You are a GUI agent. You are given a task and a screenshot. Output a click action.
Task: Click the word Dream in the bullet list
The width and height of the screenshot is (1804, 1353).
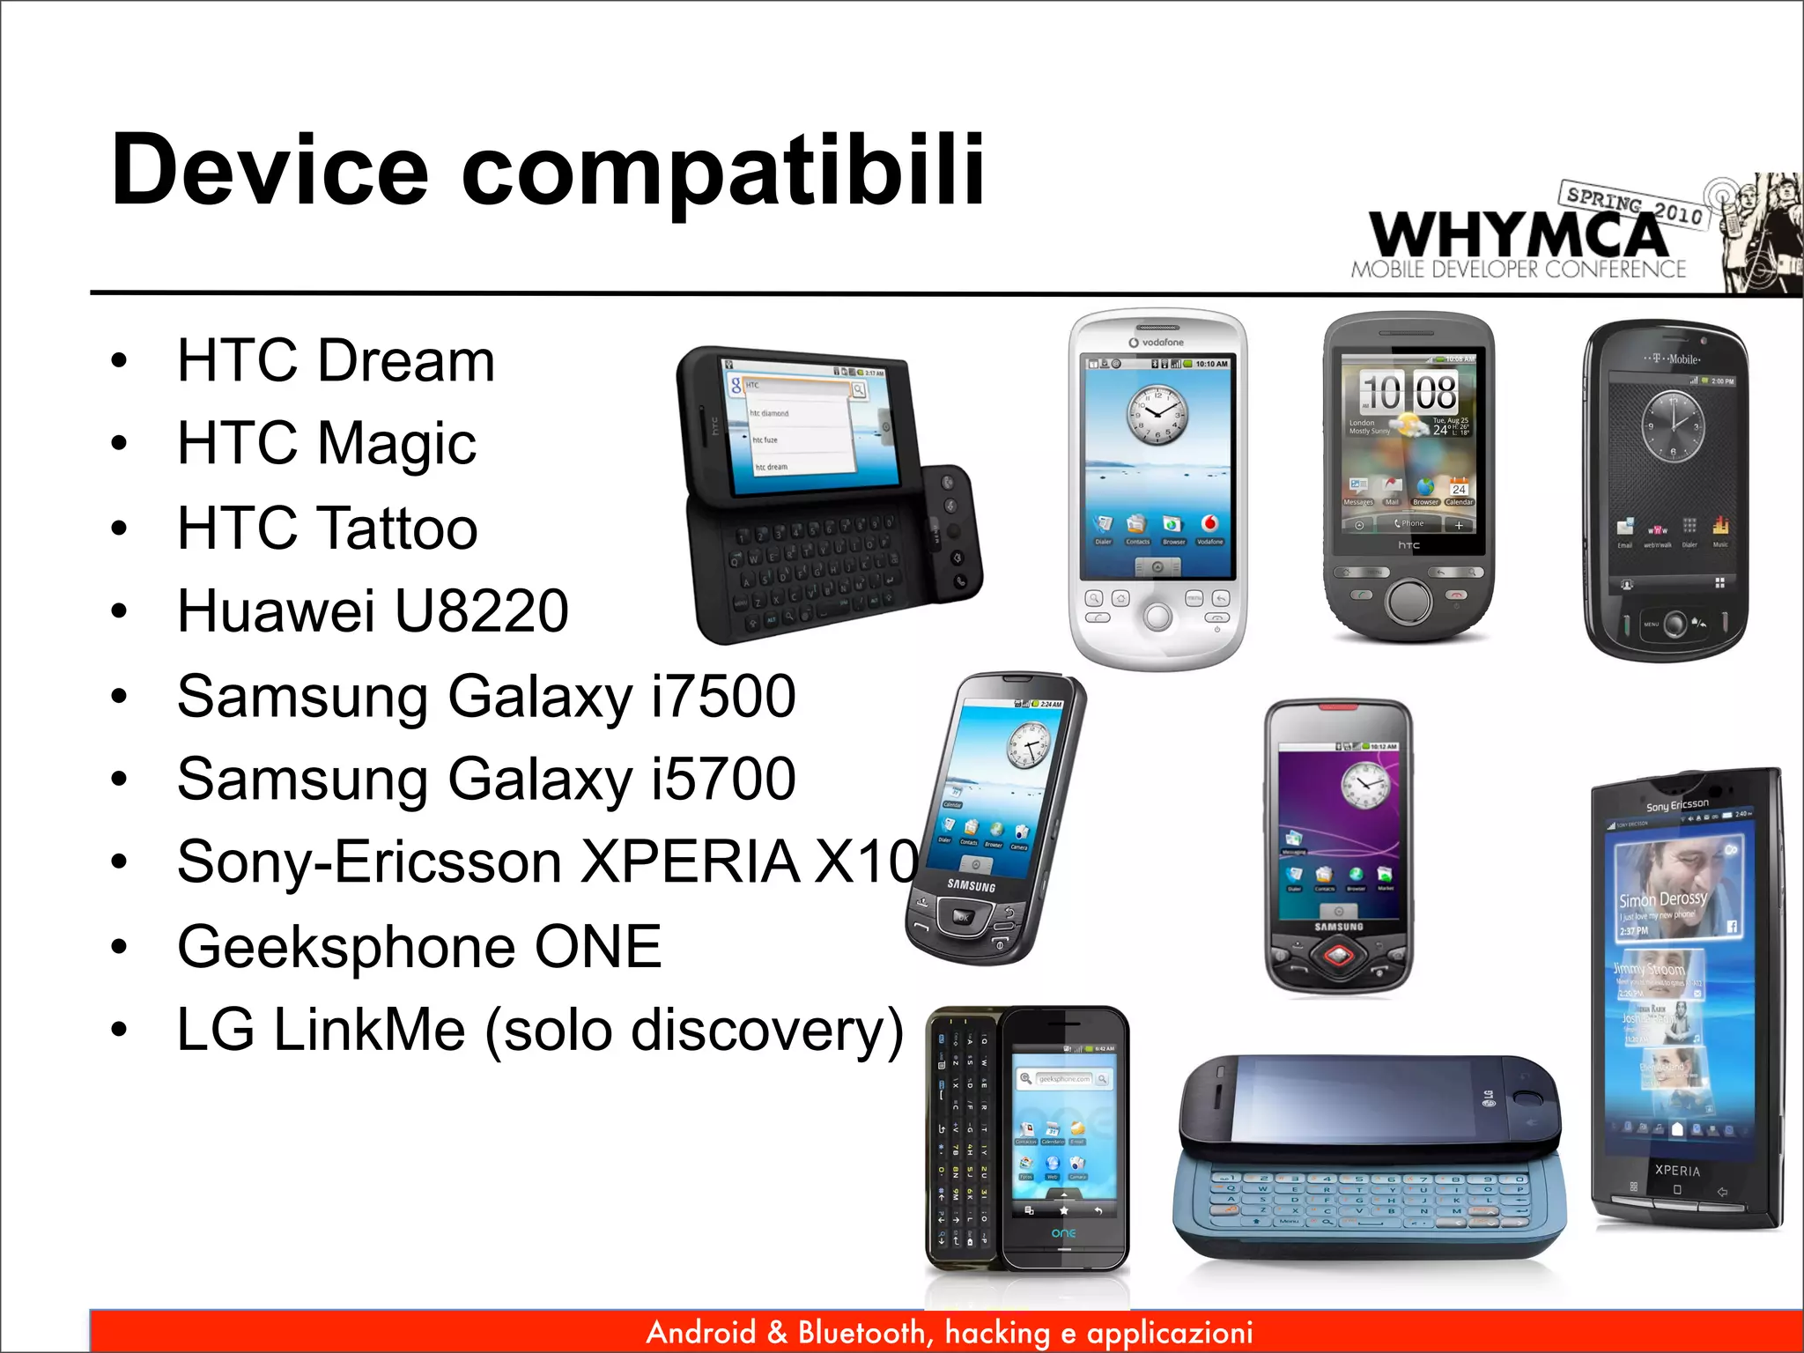pos(406,360)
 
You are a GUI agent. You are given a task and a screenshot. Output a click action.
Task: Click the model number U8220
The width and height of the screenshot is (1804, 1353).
pos(481,610)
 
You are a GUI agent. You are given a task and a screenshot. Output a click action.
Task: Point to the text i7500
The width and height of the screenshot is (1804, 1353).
pos(723,696)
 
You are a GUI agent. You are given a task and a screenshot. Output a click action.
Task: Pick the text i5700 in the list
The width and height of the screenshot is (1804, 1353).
pos(723,779)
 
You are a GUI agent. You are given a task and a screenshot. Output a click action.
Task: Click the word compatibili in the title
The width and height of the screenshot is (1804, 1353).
pos(722,170)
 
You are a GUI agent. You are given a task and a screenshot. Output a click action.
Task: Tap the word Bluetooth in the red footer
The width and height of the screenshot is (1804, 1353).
pos(861,1332)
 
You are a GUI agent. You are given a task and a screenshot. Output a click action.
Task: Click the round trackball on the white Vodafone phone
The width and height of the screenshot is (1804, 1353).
pos(1157,616)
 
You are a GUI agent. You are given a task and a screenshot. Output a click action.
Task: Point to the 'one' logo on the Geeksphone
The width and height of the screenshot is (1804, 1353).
pos(1063,1232)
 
